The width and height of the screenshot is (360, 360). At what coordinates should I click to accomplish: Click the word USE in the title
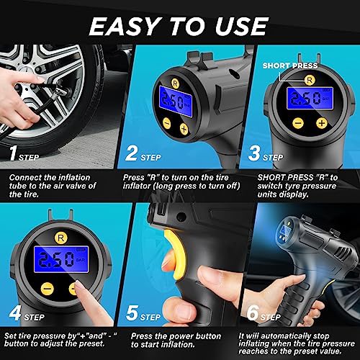point(242,26)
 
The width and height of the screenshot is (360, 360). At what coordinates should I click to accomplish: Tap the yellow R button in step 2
point(175,83)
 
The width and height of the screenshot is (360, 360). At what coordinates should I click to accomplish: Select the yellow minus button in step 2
point(167,123)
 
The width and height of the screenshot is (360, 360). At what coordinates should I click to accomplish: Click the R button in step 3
point(310,80)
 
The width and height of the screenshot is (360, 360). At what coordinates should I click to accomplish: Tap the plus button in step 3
point(322,123)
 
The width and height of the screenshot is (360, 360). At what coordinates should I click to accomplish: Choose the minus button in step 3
point(298,123)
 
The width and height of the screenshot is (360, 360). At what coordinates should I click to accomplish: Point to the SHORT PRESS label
point(290,66)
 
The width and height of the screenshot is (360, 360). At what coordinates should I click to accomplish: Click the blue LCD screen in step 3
point(310,98)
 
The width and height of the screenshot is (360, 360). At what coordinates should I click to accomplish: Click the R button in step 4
point(60,238)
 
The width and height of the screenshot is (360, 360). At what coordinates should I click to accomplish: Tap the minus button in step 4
point(48,289)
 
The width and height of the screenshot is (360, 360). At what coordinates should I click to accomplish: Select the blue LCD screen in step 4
point(61,259)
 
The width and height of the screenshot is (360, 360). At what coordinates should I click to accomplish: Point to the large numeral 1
point(13,153)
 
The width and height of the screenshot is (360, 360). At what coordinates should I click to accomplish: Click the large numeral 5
point(132,312)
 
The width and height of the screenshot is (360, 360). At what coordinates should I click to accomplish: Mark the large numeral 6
point(253,312)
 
